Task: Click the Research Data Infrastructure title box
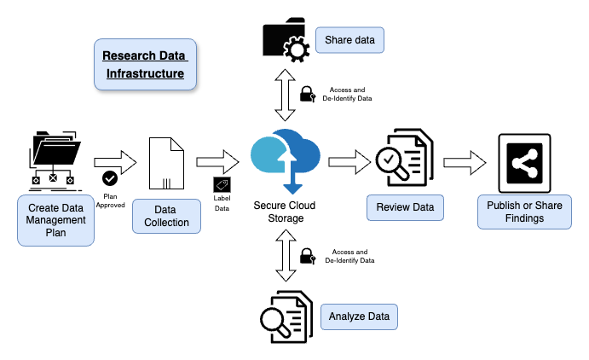point(144,65)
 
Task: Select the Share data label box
point(349,39)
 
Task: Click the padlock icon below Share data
point(307,93)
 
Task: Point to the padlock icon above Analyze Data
point(307,256)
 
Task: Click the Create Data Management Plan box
point(55,220)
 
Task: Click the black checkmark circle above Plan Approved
point(110,178)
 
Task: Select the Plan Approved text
point(110,201)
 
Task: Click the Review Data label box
point(405,207)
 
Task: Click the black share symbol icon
point(524,162)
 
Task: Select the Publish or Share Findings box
point(524,212)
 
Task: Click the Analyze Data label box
point(359,316)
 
